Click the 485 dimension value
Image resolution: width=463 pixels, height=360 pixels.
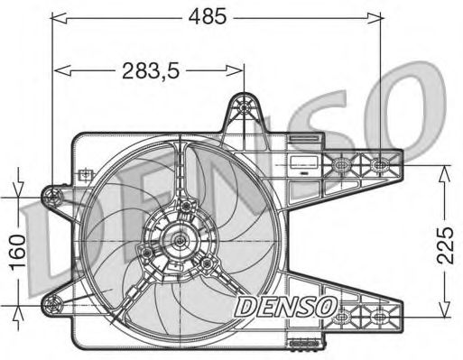[208, 16]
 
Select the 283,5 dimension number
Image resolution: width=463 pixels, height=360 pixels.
[151, 71]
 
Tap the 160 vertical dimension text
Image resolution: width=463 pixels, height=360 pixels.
[17, 252]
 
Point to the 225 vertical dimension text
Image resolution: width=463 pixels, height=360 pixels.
[445, 245]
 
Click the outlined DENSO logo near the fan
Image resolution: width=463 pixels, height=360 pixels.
[286, 307]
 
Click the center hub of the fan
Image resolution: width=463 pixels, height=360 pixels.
[180, 241]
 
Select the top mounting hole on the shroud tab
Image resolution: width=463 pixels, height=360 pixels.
[244, 106]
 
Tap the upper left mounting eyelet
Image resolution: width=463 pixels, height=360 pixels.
[52, 197]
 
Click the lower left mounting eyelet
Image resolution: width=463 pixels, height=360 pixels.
[52, 305]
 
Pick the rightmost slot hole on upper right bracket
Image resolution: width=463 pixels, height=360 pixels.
[380, 164]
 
